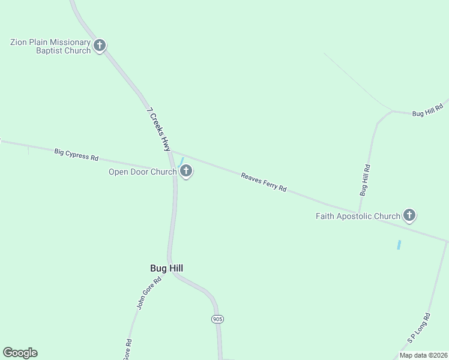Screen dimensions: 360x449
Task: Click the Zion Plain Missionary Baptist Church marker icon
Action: (x=100, y=45)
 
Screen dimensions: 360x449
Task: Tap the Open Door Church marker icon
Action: (x=186, y=172)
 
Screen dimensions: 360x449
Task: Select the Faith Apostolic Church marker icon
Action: (x=409, y=215)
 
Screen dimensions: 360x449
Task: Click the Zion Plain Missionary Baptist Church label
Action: (x=50, y=46)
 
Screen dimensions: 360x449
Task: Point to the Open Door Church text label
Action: (x=142, y=172)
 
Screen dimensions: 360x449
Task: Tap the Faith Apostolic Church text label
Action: (x=358, y=216)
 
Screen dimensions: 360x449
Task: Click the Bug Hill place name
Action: (x=166, y=268)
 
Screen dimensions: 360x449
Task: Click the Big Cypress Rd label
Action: (x=76, y=155)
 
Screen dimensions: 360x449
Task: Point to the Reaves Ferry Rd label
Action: (x=264, y=182)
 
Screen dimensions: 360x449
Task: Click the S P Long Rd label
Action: (x=419, y=328)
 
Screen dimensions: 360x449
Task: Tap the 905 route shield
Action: (x=217, y=319)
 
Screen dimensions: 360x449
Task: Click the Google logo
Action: (x=20, y=353)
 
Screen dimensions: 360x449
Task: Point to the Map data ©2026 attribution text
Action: (x=424, y=355)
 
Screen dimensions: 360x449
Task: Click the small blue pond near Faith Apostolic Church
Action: (x=399, y=245)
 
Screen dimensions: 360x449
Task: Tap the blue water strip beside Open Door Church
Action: (x=181, y=163)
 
